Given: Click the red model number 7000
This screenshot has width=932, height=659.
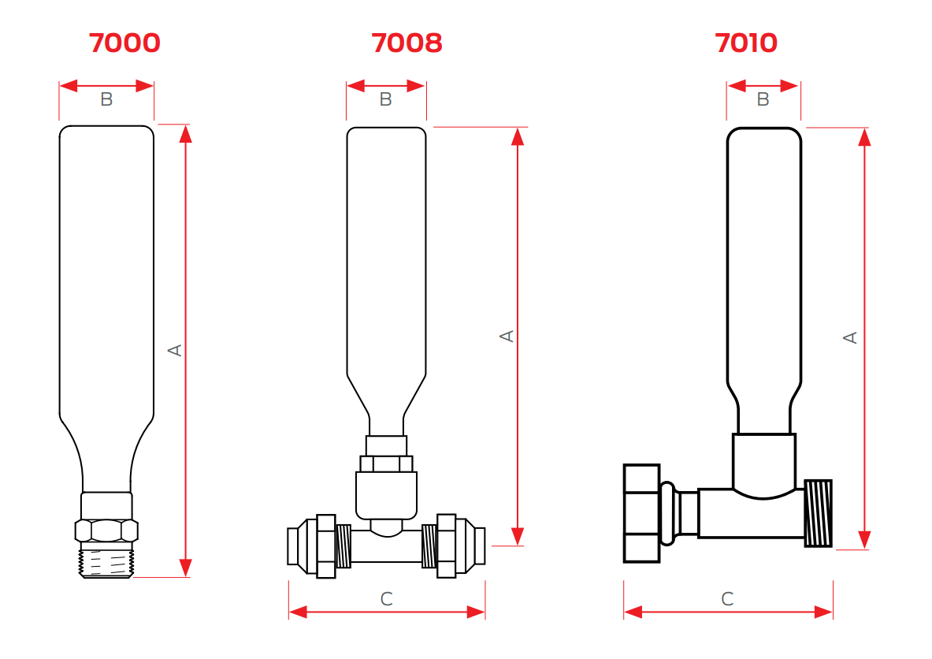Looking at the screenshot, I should (x=125, y=43).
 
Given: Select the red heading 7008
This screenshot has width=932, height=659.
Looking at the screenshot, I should (x=407, y=43).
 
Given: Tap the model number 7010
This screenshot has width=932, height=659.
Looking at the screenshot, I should (x=745, y=43).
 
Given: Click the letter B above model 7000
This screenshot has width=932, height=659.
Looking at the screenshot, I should (x=106, y=100).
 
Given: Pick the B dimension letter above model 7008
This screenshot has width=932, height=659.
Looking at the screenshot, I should (x=385, y=100).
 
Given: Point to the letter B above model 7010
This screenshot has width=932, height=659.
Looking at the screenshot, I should (x=763, y=100).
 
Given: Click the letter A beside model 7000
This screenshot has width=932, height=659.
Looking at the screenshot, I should (x=176, y=349).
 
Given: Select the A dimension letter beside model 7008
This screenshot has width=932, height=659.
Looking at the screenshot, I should (x=507, y=336).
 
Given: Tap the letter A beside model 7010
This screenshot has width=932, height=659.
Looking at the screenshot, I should (x=850, y=337).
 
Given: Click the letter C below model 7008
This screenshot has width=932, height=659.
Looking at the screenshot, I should (x=386, y=600).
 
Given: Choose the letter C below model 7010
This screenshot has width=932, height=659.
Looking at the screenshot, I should (x=727, y=600).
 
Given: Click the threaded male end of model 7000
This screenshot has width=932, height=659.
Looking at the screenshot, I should (x=106, y=561).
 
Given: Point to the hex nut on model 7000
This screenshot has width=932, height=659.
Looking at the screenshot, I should (x=106, y=530).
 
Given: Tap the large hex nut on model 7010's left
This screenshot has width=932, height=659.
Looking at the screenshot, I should (x=641, y=513).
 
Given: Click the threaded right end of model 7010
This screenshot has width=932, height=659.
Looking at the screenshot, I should (x=818, y=513).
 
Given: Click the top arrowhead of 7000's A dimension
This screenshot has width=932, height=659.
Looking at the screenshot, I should (x=186, y=134).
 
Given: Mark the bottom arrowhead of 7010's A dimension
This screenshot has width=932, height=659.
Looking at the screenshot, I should (x=864, y=539).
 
